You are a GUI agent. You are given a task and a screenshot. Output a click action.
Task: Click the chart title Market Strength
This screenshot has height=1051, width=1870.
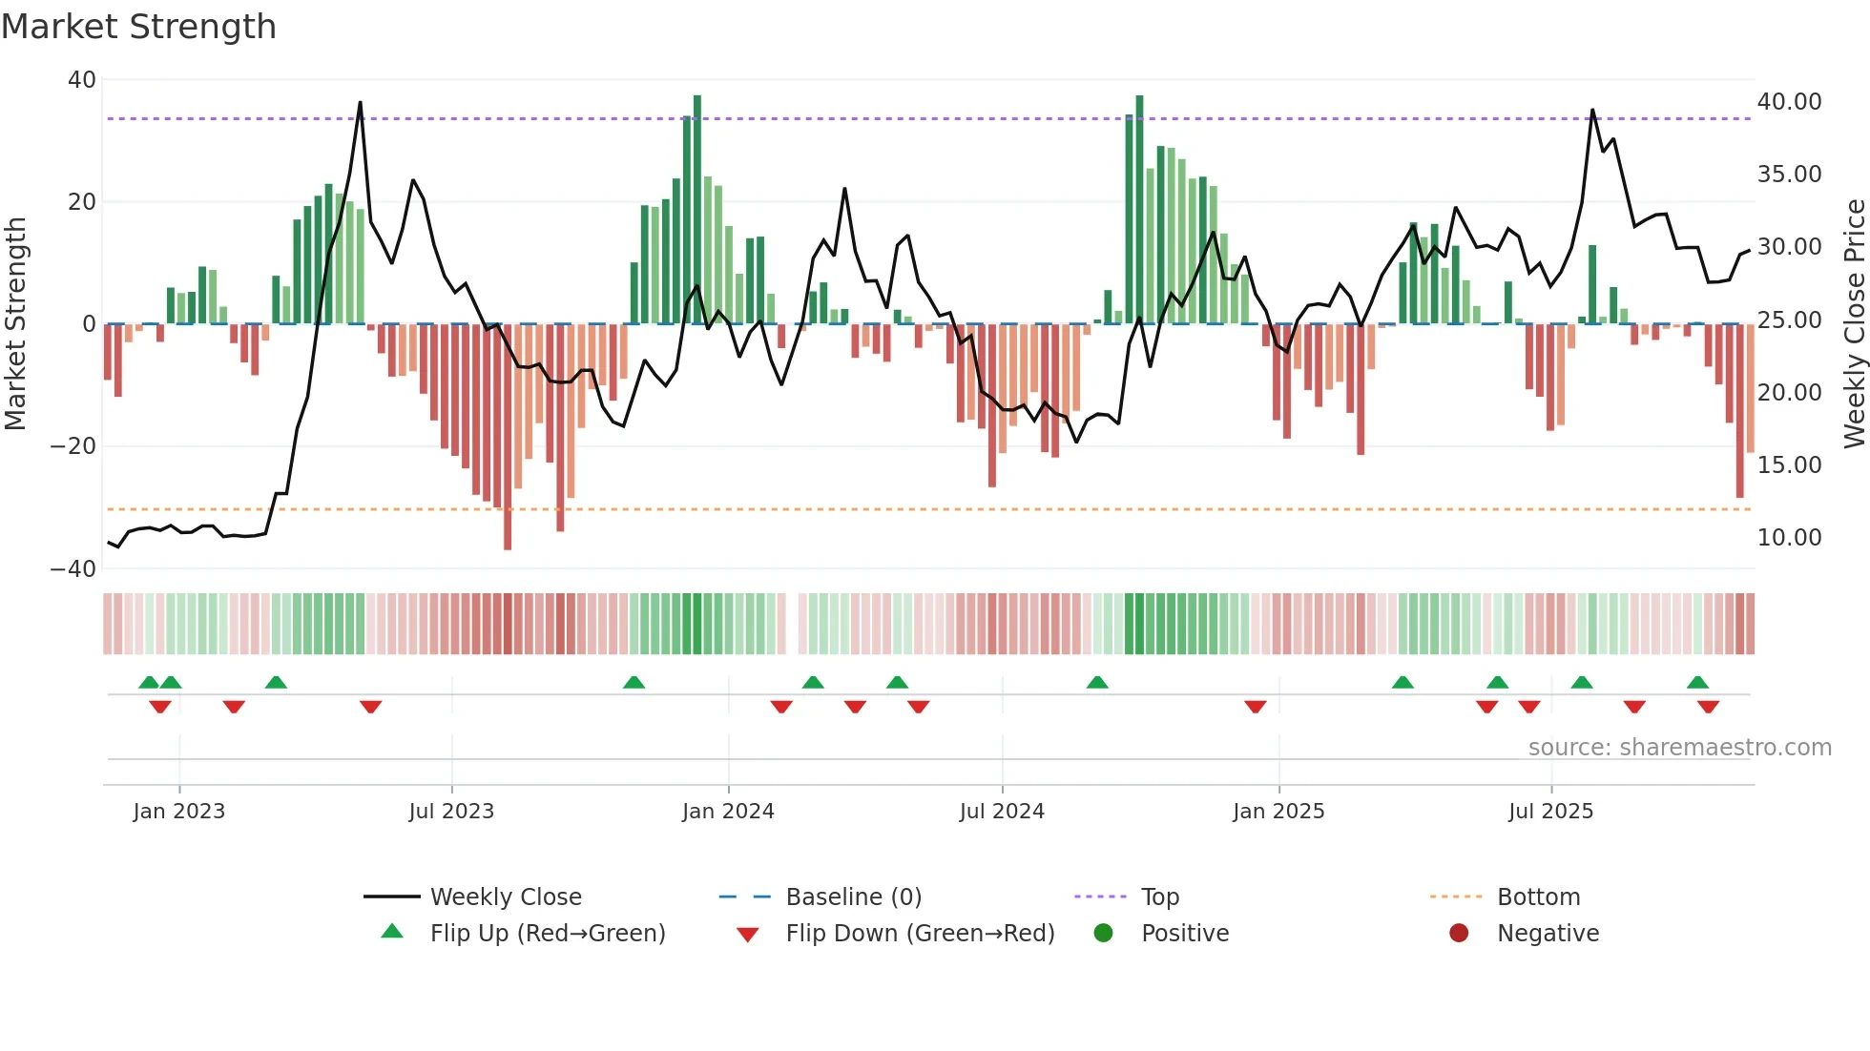[138, 27]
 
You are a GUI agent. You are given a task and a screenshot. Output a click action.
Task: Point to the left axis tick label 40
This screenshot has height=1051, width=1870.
[82, 80]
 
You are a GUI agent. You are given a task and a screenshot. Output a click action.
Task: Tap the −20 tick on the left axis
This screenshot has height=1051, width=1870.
[73, 446]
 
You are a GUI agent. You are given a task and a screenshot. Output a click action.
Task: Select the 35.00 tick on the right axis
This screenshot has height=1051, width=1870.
[1789, 175]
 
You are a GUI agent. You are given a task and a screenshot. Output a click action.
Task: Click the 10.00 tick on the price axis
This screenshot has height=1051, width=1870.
[1789, 538]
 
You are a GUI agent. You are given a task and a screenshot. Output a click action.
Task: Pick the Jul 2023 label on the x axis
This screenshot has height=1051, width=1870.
[451, 812]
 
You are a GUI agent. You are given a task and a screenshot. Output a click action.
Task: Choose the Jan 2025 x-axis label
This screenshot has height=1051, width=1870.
[1278, 812]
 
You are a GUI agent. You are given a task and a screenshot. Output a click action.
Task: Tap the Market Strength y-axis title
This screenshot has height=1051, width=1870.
[15, 324]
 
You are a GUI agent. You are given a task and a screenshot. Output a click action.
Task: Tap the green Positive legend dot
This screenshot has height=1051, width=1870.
[1104, 933]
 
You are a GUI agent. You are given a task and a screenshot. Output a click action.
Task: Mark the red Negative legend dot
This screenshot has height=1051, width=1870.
[1459, 933]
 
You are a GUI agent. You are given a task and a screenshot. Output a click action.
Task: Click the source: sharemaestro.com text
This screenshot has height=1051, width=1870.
[1679, 748]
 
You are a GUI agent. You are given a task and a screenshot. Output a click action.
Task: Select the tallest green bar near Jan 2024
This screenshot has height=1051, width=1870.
[697, 210]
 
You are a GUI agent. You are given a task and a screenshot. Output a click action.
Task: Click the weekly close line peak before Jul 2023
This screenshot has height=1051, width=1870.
[360, 103]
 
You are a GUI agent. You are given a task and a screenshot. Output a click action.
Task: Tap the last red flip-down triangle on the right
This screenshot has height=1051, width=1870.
[1708, 707]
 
